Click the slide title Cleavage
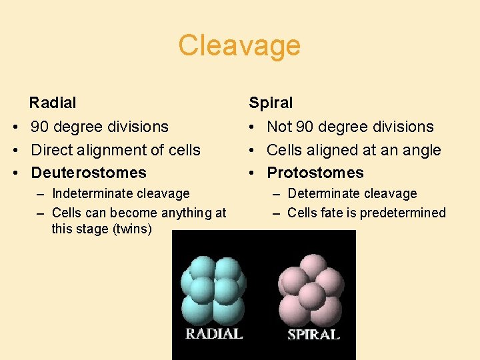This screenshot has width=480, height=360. click(239, 46)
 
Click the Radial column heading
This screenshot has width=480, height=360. click(53, 103)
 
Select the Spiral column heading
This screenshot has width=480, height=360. click(271, 103)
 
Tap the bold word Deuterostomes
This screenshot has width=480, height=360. click(89, 173)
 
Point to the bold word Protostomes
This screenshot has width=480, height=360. click(315, 173)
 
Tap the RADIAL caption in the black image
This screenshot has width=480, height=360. click(213, 334)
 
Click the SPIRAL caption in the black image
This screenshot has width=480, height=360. click(313, 335)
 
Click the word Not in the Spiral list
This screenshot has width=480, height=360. click(279, 127)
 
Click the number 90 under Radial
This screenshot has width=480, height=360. click(41, 127)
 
